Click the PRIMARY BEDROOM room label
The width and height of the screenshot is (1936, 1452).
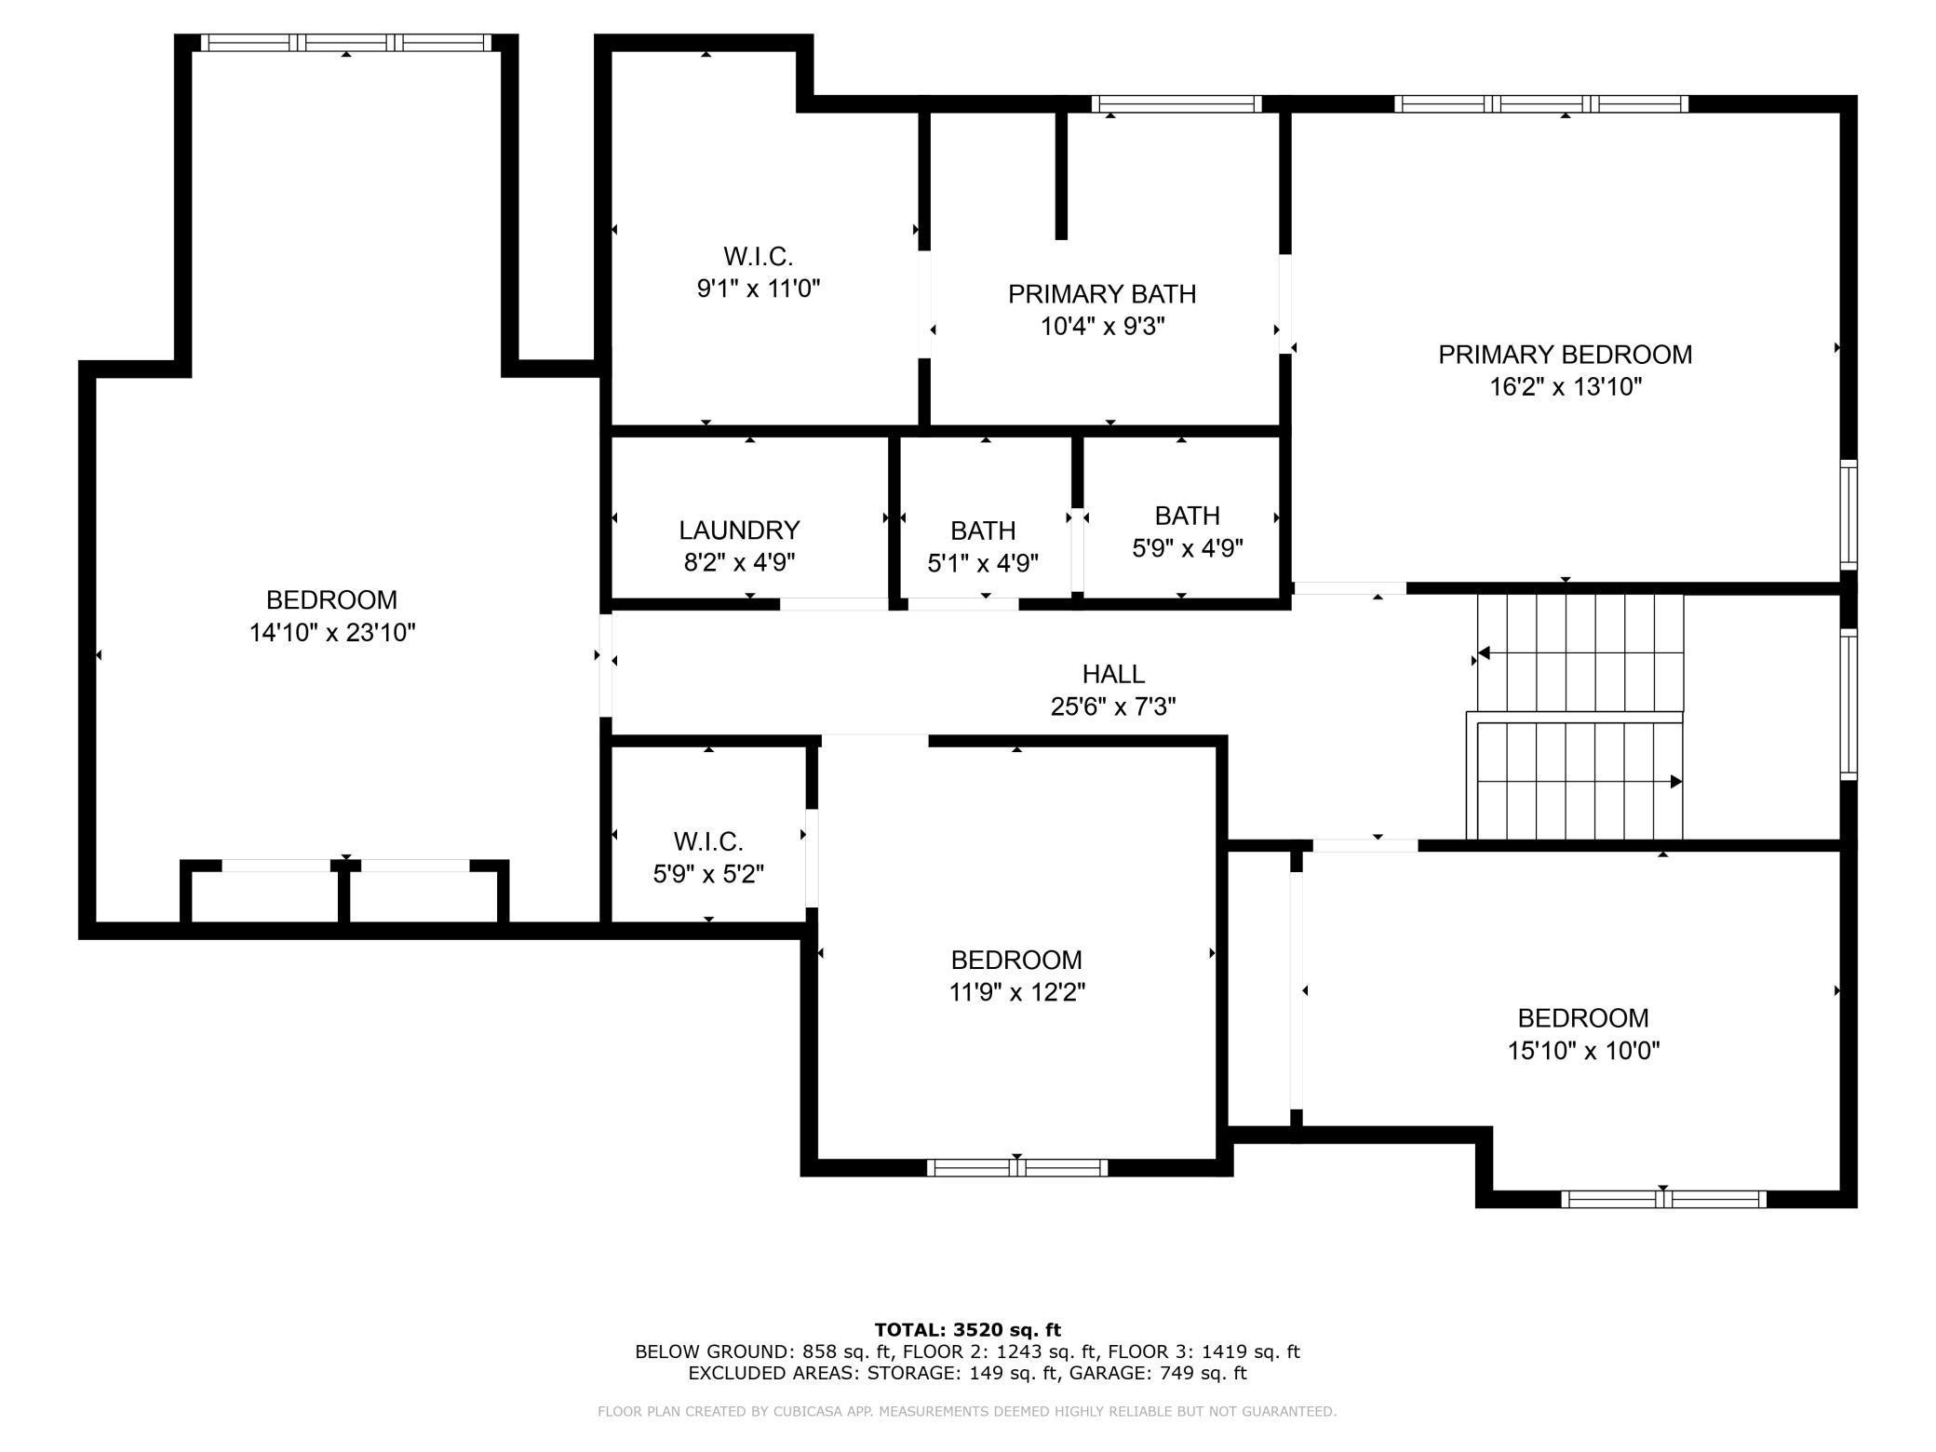[x=1565, y=355]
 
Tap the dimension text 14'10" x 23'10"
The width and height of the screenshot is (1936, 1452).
[x=332, y=633]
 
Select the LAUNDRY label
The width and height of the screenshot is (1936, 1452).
[x=739, y=531]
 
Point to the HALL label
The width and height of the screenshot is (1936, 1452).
[x=1113, y=674]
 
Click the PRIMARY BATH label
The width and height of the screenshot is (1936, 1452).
[x=1102, y=294]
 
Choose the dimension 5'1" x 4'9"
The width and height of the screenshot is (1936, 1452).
[x=983, y=563]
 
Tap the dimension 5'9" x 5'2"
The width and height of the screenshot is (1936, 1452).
[x=708, y=874]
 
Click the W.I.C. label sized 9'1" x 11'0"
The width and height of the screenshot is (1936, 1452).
[x=759, y=256]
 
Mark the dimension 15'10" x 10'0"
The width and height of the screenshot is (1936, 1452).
[x=1584, y=1051]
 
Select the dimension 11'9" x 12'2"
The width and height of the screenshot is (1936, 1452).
[x=1016, y=992]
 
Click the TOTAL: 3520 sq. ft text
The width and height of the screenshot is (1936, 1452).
[x=968, y=1330]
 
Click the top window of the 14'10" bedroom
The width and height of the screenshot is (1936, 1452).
[x=346, y=43]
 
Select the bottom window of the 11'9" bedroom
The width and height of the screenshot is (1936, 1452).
[x=1017, y=1168]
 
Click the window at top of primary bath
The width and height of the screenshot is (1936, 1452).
[x=1176, y=103]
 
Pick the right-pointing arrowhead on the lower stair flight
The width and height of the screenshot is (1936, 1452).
[x=1676, y=782]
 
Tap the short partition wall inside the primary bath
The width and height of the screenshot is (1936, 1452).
[x=1061, y=175]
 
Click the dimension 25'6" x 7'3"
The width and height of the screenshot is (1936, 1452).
[x=1113, y=707]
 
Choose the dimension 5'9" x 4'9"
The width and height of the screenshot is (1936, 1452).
[x=1188, y=548]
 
